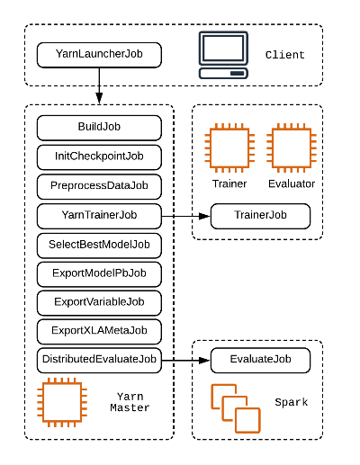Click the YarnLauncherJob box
[x=99, y=55]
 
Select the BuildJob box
[x=99, y=127]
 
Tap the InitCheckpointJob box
[x=99, y=156]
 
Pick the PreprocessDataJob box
[x=99, y=186]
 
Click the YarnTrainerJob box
[x=99, y=216]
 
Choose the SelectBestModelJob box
[x=99, y=245]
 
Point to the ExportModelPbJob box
[x=99, y=273]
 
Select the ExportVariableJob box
[x=99, y=302]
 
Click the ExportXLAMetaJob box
[x=99, y=331]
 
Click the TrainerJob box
[x=260, y=216]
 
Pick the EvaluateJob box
[x=260, y=361]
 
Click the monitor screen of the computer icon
[x=223, y=49]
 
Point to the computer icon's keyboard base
[x=223, y=73]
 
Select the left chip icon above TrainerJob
[x=229, y=148]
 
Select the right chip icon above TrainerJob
[x=292, y=148]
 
